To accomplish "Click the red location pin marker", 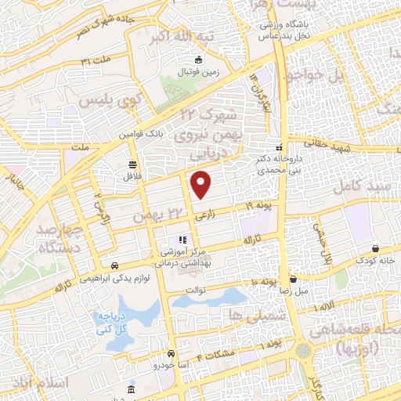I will tap(201, 185).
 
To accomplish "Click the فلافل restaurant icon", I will tap(132, 165).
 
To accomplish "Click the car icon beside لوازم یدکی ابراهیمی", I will tap(115, 265).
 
